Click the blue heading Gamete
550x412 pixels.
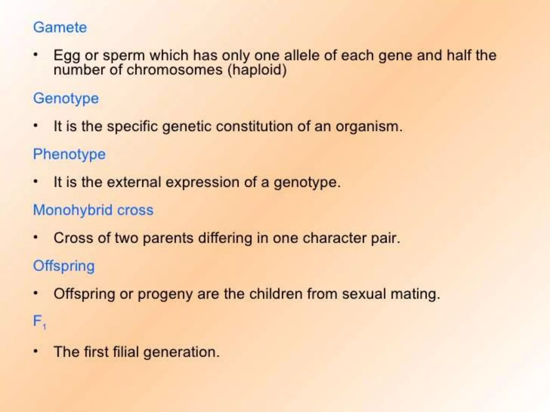pyautogui.click(x=60, y=27)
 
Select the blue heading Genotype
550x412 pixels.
pyautogui.click(x=66, y=98)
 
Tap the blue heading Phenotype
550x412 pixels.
pyautogui.click(x=69, y=154)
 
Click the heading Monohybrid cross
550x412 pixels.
pyautogui.click(x=93, y=210)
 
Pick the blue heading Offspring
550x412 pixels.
pyautogui.click(x=64, y=266)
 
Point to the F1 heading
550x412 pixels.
pyautogui.click(x=39, y=322)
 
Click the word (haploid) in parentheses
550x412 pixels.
pyautogui.click(x=257, y=70)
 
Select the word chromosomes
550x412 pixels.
pyautogui.click(x=175, y=70)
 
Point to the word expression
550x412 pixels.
pyautogui.click(x=202, y=182)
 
